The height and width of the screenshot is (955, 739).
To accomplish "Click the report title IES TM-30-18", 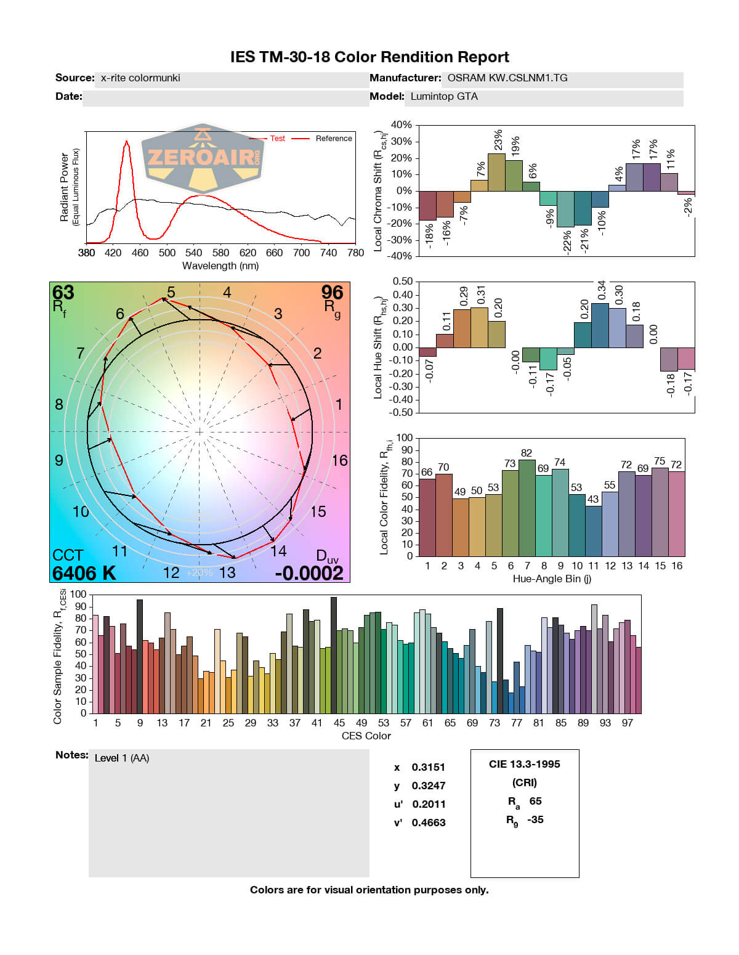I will (x=369, y=57).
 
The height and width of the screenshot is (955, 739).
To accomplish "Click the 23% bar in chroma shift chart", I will (x=496, y=172).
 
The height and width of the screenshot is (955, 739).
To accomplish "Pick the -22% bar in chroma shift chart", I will (x=565, y=209).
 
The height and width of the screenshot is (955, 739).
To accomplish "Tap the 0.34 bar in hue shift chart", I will (x=600, y=325).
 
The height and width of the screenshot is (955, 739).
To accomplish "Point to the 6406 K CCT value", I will (x=84, y=573).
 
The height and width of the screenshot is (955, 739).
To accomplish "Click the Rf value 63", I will (x=63, y=292).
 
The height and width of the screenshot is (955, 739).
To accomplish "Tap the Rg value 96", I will (x=332, y=292).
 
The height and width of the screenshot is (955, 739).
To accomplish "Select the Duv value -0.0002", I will (x=309, y=573).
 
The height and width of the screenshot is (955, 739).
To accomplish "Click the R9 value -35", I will (x=535, y=819).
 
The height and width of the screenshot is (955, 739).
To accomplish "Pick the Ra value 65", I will (x=535, y=801).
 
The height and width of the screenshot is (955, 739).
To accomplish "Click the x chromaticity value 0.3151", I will (x=428, y=767).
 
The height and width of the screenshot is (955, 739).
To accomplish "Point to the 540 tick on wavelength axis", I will (x=193, y=253).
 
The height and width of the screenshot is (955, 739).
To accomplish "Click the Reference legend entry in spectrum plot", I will (x=333, y=139).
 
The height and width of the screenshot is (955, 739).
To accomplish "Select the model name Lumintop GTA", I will (x=444, y=97).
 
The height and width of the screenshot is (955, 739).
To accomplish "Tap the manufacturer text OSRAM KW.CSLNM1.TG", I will (x=507, y=78).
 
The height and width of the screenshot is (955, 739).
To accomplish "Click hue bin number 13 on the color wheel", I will (x=227, y=572).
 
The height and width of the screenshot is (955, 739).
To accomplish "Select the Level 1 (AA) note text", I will (x=122, y=758).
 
